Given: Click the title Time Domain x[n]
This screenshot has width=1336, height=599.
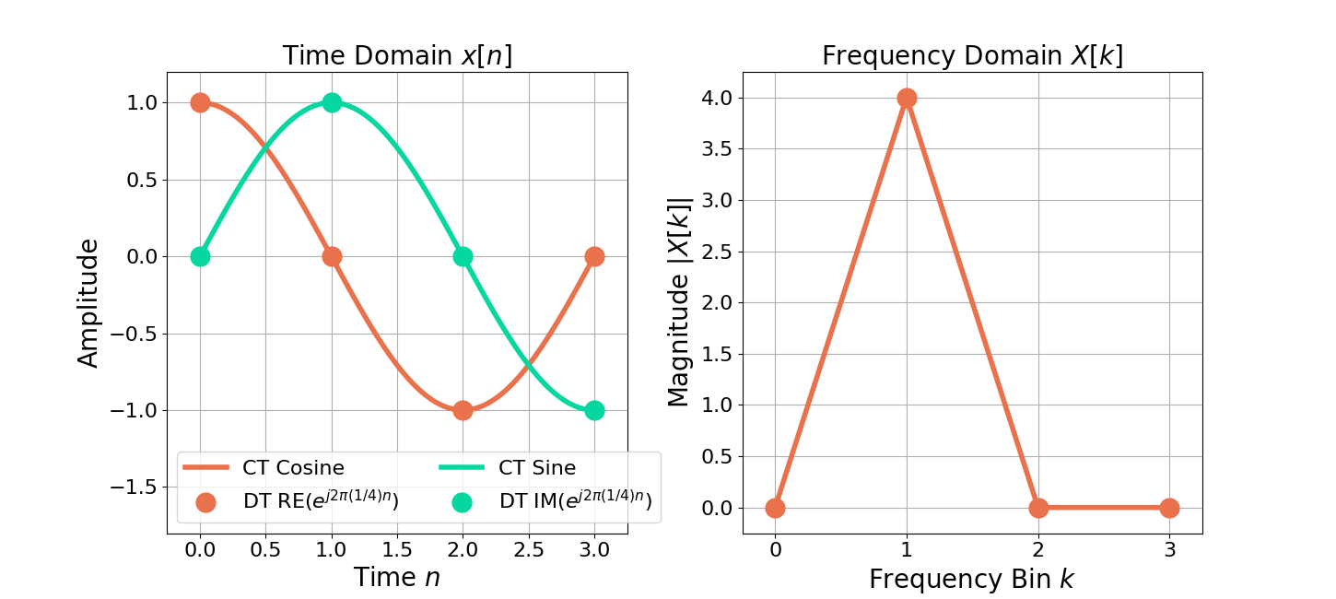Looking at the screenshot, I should pyautogui.click(x=397, y=56).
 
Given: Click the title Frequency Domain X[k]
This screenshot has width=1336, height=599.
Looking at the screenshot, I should pyautogui.click(x=972, y=56).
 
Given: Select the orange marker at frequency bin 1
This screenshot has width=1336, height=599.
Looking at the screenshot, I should pyautogui.click(x=907, y=98).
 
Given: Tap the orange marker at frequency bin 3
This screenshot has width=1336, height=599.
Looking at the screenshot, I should pyautogui.click(x=1169, y=508).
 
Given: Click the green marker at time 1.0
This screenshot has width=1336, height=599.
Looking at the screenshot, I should pyautogui.click(x=332, y=102).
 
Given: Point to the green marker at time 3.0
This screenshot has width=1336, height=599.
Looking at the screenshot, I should pyautogui.click(x=594, y=410).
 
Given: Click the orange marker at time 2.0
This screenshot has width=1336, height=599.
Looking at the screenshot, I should pyautogui.click(x=463, y=410).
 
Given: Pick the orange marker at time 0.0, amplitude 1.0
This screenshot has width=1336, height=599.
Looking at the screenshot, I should pyautogui.click(x=200, y=102).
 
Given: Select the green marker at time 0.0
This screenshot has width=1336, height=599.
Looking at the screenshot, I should pyautogui.click(x=200, y=256).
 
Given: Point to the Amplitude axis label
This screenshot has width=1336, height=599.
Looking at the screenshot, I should pyautogui.click(x=88, y=302).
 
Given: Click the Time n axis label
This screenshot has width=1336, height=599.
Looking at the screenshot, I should pyautogui.click(x=397, y=578).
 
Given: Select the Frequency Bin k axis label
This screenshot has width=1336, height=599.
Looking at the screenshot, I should pyautogui.click(x=972, y=579).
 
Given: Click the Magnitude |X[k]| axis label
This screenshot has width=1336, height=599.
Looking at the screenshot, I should pyautogui.click(x=679, y=302).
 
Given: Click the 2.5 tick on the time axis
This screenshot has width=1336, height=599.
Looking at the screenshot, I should pyautogui.click(x=528, y=551).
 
